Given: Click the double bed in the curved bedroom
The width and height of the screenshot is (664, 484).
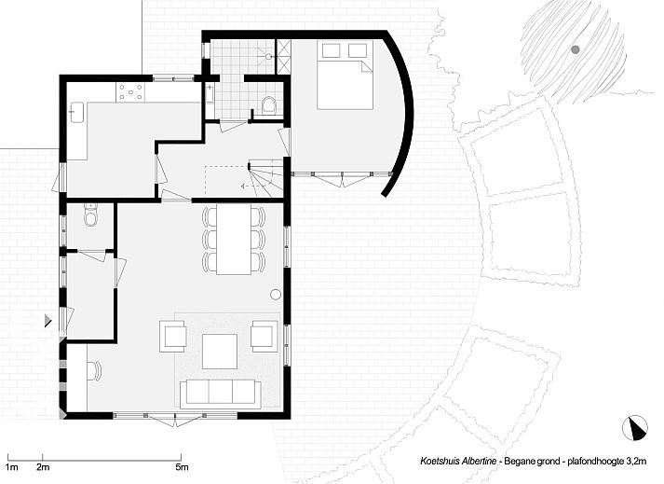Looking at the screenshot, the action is [345, 76].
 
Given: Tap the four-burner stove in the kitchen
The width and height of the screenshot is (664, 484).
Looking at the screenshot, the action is [130, 92].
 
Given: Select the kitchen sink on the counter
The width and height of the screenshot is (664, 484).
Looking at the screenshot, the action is [76, 113].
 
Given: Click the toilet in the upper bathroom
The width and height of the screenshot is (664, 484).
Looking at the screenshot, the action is [269, 104].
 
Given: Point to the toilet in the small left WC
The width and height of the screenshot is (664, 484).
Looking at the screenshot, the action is [90, 215].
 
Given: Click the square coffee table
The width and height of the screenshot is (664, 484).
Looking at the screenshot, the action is [220, 352].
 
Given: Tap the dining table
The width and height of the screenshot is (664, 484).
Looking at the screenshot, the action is [234, 239].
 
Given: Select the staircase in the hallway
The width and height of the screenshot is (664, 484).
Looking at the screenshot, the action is [265, 178].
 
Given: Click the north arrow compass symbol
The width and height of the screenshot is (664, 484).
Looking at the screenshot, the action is [635, 428].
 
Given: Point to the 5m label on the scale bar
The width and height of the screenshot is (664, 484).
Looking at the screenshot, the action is [182, 467].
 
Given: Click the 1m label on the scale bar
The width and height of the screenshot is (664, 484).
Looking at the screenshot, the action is [12, 467].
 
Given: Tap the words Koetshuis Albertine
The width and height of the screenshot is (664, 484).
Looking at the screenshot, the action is [458, 461].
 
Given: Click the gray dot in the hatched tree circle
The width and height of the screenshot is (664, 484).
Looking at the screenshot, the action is [575, 49].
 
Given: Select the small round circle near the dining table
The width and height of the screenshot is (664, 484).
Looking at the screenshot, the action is [276, 294].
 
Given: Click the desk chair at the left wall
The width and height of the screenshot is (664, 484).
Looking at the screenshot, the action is [95, 371].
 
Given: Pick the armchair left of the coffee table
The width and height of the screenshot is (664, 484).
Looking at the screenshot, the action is [173, 337].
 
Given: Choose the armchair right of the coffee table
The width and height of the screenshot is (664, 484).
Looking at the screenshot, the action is [264, 336].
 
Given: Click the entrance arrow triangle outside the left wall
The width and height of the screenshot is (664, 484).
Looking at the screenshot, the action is [48, 320].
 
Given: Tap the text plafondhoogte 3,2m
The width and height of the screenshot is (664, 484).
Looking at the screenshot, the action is [607, 461].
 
